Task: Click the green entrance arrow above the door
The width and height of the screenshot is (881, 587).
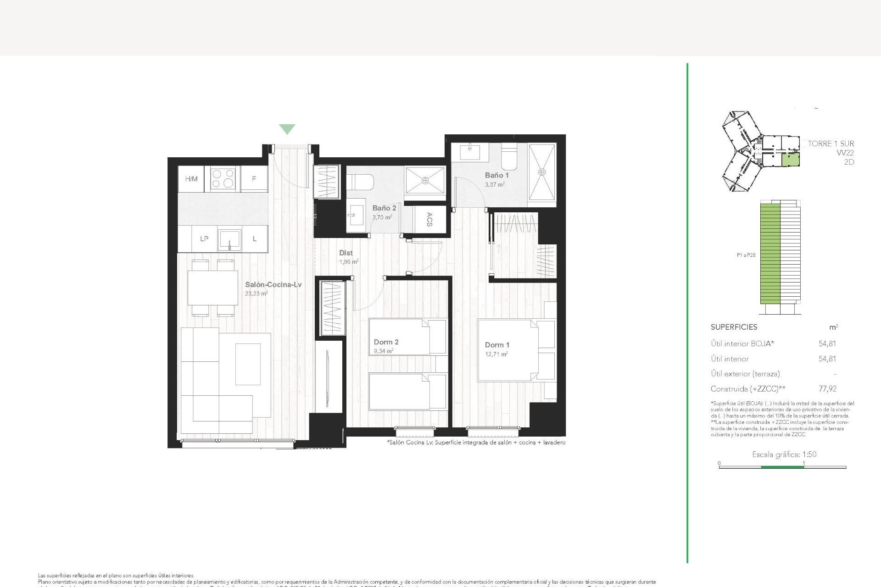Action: point(287,129)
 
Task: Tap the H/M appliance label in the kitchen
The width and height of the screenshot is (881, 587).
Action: point(191,179)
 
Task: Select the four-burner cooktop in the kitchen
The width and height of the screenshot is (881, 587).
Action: point(225,179)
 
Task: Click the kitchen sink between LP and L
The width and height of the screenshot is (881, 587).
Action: point(229,238)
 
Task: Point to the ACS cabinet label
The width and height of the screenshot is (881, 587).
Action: point(429,219)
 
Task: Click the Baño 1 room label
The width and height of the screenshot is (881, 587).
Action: point(496,175)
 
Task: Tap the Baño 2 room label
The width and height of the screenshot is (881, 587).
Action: point(384,208)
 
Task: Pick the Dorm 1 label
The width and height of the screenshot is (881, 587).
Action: point(497,345)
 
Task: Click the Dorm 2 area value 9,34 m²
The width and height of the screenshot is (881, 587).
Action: point(384,351)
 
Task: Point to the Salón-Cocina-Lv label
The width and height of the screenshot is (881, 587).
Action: point(273,285)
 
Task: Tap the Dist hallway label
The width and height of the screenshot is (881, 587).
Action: point(346,253)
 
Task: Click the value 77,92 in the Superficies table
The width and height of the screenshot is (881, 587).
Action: point(827,389)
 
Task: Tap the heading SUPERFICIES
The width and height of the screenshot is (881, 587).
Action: point(734,327)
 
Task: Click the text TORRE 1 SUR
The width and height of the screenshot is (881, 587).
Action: point(831,144)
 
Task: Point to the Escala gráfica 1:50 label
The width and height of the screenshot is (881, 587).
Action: point(784,454)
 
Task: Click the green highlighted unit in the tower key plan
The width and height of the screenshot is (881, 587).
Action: point(790,160)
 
